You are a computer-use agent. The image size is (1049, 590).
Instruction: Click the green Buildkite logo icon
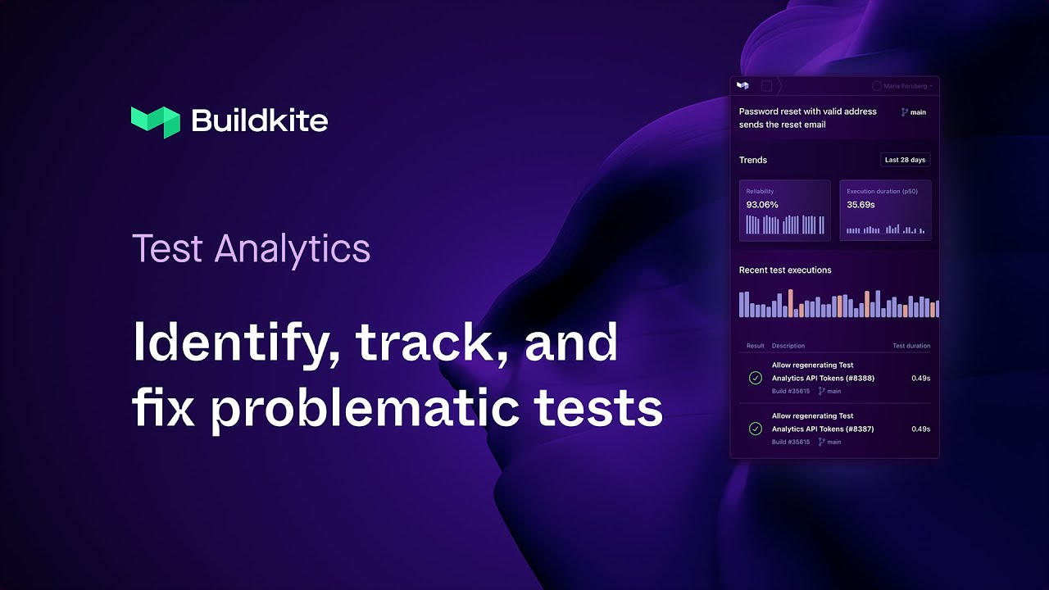(x=155, y=121)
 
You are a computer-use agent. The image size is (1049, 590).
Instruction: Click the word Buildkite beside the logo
(x=259, y=121)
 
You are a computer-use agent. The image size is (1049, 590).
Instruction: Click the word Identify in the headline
(x=235, y=343)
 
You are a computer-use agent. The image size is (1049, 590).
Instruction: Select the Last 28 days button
(x=905, y=160)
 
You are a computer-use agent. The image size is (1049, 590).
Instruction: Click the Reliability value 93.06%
(x=761, y=205)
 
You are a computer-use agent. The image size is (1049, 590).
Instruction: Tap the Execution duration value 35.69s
(x=861, y=205)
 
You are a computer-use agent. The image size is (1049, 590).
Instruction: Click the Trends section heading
(x=753, y=160)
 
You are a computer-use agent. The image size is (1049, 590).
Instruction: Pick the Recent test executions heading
(x=785, y=270)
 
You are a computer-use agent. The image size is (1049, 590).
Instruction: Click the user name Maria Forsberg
(x=906, y=86)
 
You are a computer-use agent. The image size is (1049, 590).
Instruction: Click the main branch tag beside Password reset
(x=914, y=112)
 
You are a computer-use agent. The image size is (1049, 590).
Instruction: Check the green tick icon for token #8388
(x=756, y=378)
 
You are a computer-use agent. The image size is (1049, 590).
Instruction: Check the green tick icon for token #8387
(x=756, y=429)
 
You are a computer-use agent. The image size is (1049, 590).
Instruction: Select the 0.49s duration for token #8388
(x=920, y=379)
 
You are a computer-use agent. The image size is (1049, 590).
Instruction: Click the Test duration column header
(x=910, y=346)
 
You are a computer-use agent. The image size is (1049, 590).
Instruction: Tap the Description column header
(x=788, y=346)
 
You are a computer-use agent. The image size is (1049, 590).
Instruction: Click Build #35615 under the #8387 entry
(x=790, y=442)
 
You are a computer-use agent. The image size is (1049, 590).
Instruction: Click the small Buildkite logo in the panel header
(x=742, y=85)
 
